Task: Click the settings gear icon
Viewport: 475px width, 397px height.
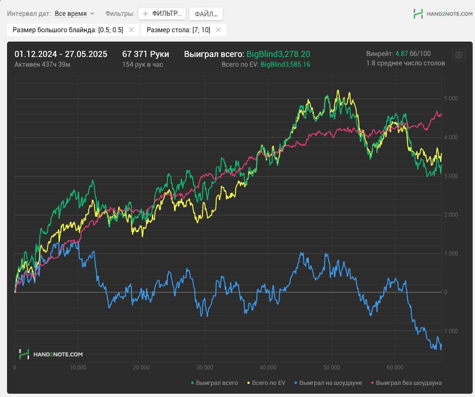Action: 459,55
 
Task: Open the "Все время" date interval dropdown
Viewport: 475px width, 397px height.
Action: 74,14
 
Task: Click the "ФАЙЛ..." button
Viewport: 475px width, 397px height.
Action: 206,14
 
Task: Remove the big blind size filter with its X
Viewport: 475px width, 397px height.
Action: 131,29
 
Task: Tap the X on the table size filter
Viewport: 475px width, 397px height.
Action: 218,29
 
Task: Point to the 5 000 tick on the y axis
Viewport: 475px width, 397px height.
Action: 451,99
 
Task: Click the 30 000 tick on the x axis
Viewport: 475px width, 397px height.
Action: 205,368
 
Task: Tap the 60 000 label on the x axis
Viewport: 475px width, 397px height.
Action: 395,368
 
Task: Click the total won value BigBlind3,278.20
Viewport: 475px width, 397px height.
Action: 278,54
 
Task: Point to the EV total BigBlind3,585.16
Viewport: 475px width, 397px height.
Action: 285,64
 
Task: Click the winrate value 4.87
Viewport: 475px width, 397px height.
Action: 402,54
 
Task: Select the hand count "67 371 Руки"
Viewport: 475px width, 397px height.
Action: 146,54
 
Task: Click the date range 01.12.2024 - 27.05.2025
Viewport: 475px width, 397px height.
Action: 61,54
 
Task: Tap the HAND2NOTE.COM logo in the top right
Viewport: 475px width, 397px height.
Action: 443,14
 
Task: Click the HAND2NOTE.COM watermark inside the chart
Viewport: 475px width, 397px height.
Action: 51,354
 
